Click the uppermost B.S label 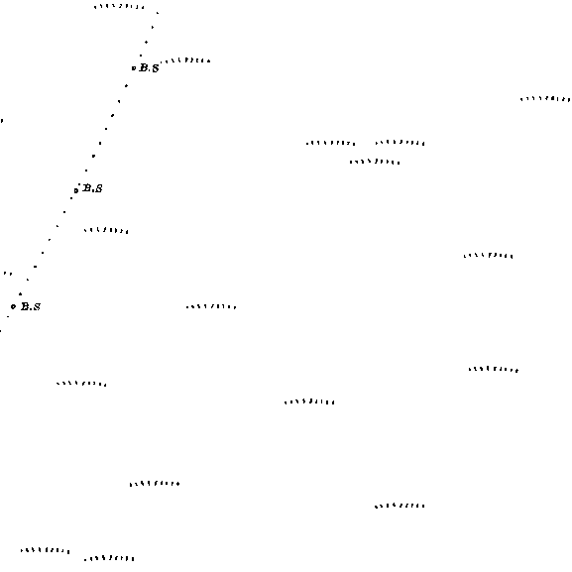(150, 67)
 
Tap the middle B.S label (92, 188)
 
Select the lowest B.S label (31, 306)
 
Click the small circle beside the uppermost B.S (134, 67)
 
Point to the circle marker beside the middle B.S (76, 190)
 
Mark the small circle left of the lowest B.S (14, 306)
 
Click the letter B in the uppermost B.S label (144, 67)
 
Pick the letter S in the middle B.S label (98, 188)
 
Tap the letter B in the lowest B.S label (25, 306)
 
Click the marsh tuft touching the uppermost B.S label (185, 60)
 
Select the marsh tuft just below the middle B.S (106, 230)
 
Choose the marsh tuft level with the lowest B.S (211, 306)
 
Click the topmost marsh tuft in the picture (119, 6)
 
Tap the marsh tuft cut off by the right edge (545, 99)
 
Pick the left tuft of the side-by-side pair (331, 143)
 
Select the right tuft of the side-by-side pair (400, 143)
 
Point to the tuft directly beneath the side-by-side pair (375, 162)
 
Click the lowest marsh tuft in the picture (109, 558)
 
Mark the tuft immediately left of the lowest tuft (46, 550)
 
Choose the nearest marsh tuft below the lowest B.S (81, 384)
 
